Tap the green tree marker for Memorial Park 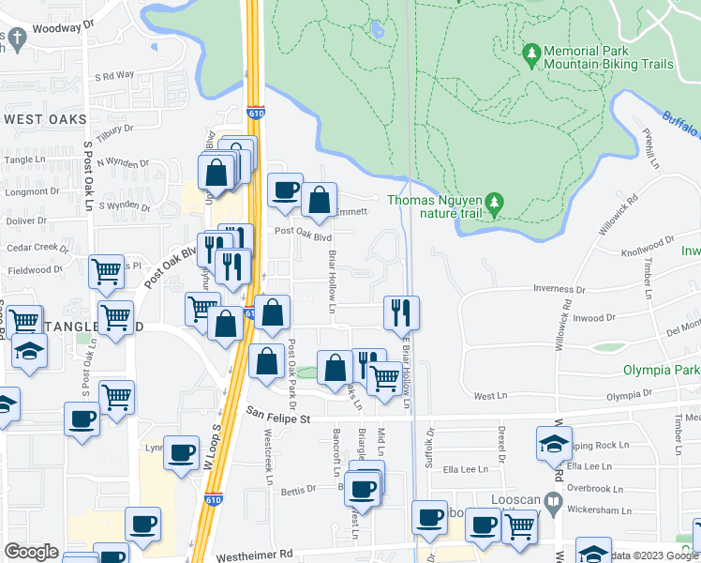tap(531, 54)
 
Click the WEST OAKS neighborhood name tap(44, 119)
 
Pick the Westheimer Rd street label tap(254, 555)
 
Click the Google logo tap(31, 552)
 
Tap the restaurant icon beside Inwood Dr tap(401, 312)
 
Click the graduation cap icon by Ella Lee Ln tap(554, 443)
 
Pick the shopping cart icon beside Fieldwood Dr tap(106, 271)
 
